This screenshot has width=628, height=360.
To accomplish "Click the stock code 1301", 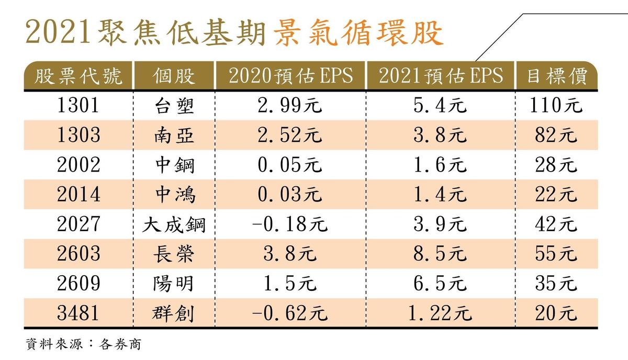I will pyautogui.click(x=79, y=106).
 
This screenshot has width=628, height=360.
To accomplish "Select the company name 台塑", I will pyautogui.click(x=174, y=106).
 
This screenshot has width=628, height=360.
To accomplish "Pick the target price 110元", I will pyautogui.click(x=556, y=106).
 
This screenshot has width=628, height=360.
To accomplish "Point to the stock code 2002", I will pyautogui.click(x=79, y=165).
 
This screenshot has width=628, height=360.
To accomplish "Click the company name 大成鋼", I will pyautogui.click(x=174, y=224).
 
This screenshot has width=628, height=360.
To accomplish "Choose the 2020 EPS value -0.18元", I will pyautogui.click(x=290, y=224).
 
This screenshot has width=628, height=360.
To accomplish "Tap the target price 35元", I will pyautogui.click(x=556, y=284).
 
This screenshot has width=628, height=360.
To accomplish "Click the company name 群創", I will pyautogui.click(x=174, y=313).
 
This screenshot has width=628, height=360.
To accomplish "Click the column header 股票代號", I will pyautogui.click(x=79, y=76).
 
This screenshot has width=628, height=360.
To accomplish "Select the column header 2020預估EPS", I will pyautogui.click(x=290, y=76).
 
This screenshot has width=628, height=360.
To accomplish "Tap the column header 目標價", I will pyautogui.click(x=556, y=76).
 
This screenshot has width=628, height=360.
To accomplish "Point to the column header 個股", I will pyautogui.click(x=174, y=76).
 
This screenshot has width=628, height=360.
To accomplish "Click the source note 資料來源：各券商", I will pyautogui.click(x=83, y=345).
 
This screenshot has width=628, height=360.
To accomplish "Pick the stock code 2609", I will pyautogui.click(x=79, y=284).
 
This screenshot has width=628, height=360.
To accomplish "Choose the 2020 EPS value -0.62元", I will pyautogui.click(x=290, y=313).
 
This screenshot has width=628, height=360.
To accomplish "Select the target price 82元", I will pyautogui.click(x=556, y=136).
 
